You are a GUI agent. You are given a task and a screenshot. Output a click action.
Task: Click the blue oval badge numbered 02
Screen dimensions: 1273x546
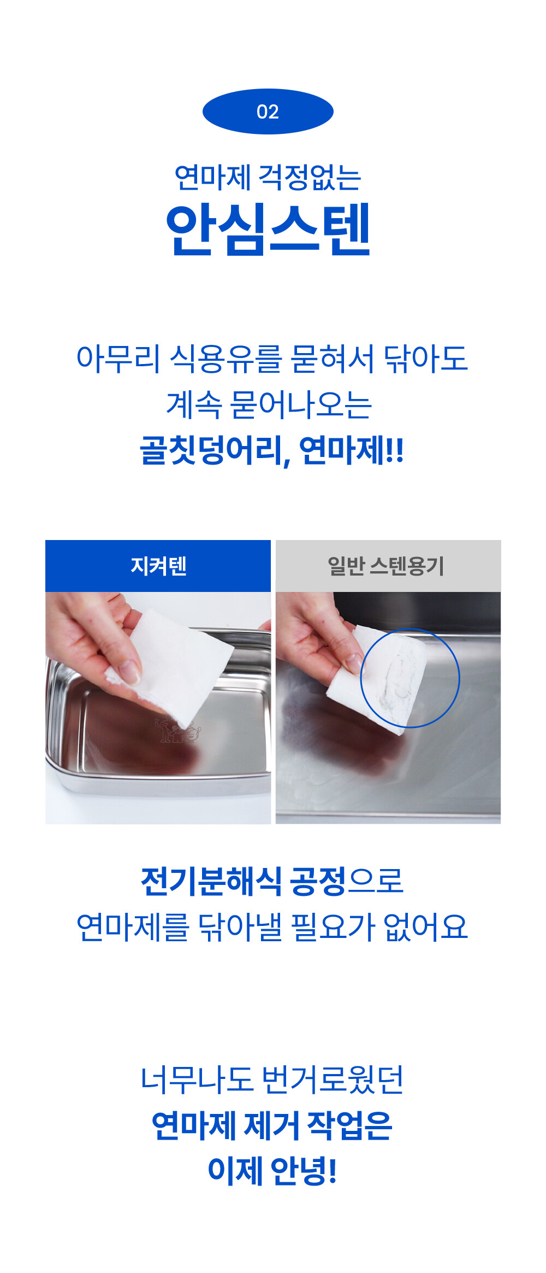pos(268,112)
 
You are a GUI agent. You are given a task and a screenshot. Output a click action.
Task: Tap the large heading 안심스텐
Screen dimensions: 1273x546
pos(268,229)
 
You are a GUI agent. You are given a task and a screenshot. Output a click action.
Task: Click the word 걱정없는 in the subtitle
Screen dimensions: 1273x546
pos(310,178)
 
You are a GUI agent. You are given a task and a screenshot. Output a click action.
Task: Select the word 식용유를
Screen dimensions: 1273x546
pos(225,359)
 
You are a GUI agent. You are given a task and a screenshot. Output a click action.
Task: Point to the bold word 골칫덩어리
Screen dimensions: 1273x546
pos(213,451)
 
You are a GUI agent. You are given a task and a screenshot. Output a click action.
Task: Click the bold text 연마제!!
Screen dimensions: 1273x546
pos(351,451)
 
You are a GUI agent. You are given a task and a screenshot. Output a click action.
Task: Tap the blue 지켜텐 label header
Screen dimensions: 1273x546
pos(158,566)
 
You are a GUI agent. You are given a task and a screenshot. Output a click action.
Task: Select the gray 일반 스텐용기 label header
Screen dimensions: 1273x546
pos(388,566)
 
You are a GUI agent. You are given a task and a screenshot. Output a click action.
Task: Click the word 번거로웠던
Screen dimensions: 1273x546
pos(332,1080)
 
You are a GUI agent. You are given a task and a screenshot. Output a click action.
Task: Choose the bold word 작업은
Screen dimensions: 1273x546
pos(349,1126)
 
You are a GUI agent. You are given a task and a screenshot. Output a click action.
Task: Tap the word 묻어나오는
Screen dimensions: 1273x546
pos(301,405)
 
